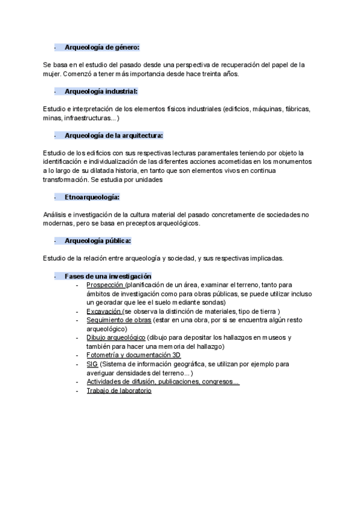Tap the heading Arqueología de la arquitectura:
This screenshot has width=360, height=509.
tap(113, 136)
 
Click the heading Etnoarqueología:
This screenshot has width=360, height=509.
tap(92, 197)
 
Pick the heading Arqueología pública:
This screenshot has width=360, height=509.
tap(98, 241)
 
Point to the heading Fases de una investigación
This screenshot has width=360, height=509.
tap(108, 276)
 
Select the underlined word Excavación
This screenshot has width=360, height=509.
tap(104, 311)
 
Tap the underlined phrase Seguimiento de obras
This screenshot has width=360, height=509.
tap(119, 320)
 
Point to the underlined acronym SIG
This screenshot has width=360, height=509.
tap(92, 364)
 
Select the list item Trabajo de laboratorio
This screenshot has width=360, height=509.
tap(119, 391)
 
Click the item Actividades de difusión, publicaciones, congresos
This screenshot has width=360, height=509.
tap(163, 382)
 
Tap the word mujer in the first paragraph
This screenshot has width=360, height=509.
tap(52, 74)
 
